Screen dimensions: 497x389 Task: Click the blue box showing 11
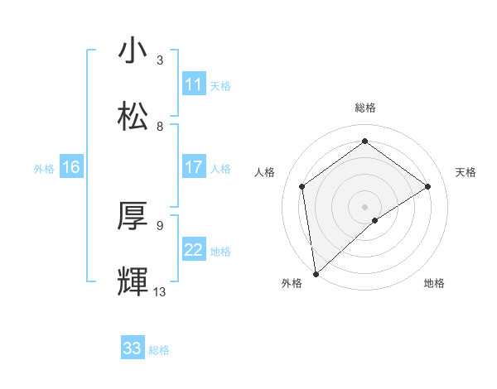tap(194, 84)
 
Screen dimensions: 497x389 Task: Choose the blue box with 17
tap(194, 167)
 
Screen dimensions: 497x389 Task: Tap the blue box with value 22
tap(194, 250)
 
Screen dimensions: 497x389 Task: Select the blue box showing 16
tap(71, 167)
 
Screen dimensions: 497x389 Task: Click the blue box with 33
tap(133, 348)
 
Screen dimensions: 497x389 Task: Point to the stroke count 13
tap(160, 291)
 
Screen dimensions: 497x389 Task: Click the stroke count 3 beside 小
tap(160, 60)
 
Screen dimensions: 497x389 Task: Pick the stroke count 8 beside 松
tap(160, 126)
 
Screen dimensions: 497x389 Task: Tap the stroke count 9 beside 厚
tap(160, 225)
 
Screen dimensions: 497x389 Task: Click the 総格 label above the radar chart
tap(365, 108)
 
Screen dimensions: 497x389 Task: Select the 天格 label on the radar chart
tap(466, 172)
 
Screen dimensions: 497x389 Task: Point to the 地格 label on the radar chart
tap(434, 283)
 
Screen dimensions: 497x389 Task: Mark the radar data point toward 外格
tap(316, 273)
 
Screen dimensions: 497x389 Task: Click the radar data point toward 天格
tap(428, 186)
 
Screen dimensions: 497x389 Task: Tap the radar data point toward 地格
tap(375, 220)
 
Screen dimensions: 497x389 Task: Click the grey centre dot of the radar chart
tap(365, 206)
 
